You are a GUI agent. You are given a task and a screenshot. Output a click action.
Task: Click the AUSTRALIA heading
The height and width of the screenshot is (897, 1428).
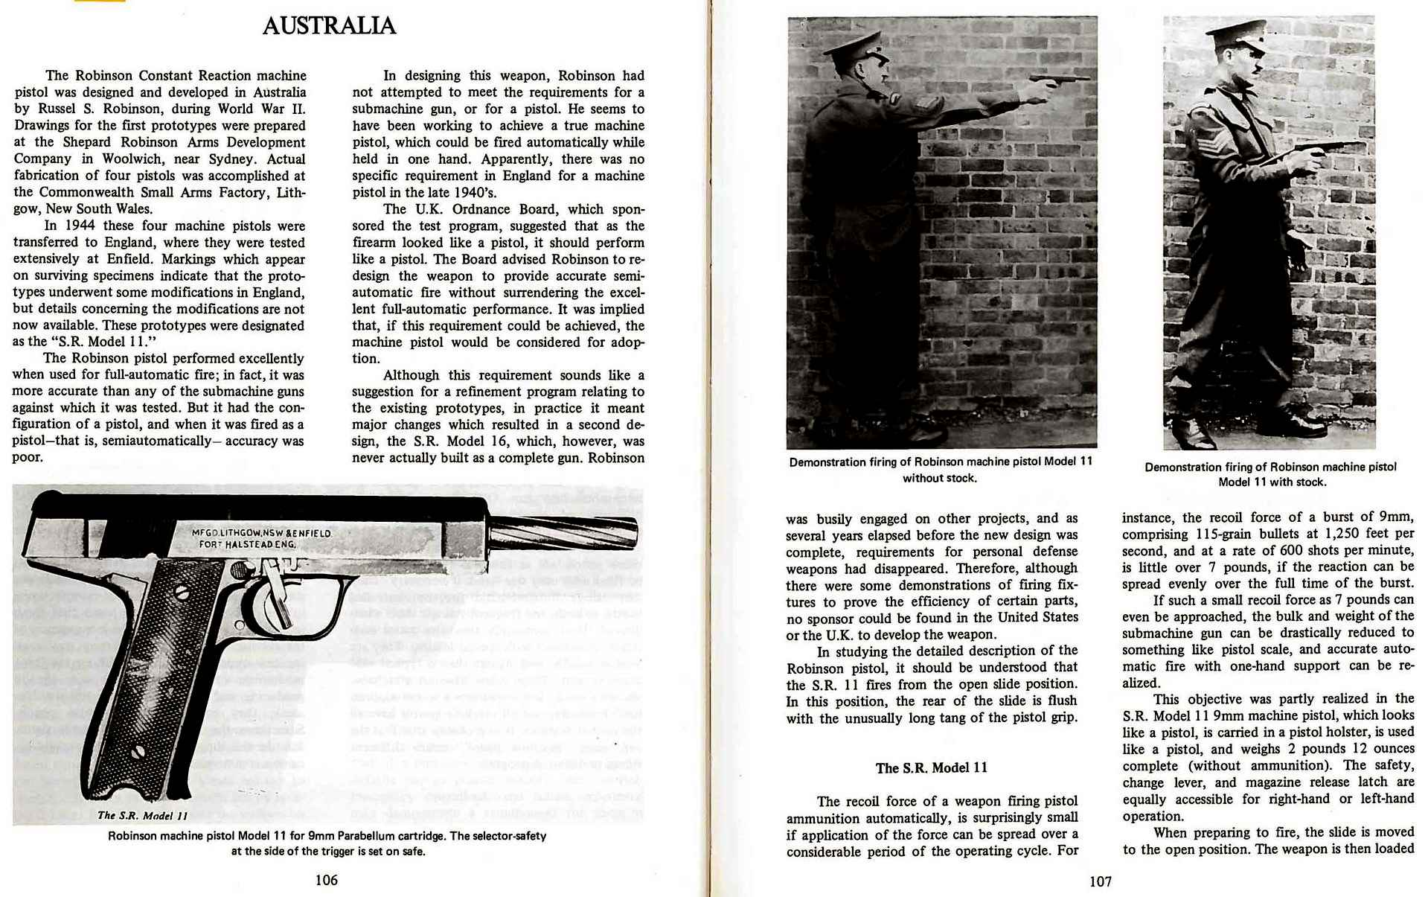coord(328,26)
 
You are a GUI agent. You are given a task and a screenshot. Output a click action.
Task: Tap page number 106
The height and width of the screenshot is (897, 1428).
coord(326,880)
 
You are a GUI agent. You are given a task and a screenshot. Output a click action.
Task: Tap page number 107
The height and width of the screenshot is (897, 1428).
coord(1100,881)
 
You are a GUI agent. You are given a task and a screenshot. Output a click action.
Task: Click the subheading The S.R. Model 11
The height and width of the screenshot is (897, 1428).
coord(931,768)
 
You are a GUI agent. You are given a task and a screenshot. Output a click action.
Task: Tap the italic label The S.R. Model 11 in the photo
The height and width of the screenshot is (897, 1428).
coord(142,815)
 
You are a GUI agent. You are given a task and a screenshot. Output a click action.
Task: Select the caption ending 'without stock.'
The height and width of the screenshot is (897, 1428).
coord(941,470)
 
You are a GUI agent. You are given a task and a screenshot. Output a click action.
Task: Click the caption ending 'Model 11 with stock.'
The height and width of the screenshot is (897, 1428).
coord(1270,474)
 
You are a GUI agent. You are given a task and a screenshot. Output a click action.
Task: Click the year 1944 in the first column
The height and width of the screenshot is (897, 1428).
coord(80,226)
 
